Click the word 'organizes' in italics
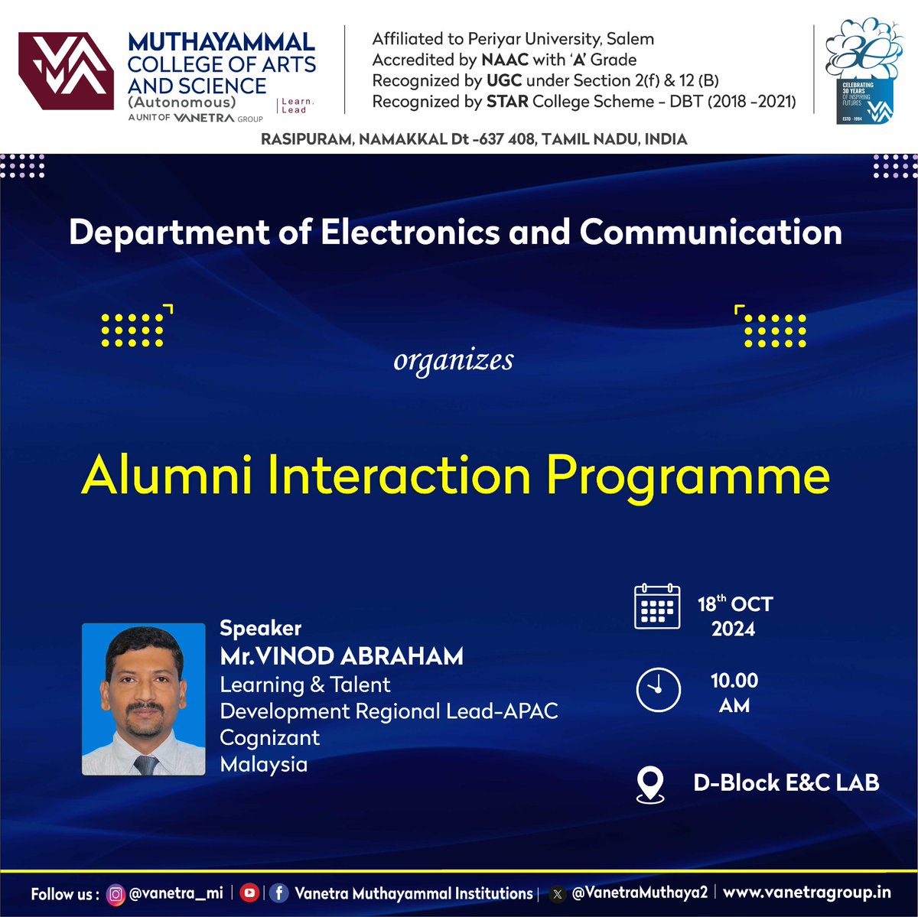[x=453, y=359]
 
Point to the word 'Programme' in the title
[x=688, y=476]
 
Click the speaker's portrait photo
[x=144, y=699]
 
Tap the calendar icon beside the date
[x=657, y=606]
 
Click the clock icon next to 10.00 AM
[x=658, y=690]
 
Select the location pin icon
[x=650, y=785]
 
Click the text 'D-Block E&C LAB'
[x=786, y=782]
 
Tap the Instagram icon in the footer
[x=116, y=893]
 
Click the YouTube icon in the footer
[x=249, y=893]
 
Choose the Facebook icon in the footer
[x=278, y=893]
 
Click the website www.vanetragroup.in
[x=807, y=893]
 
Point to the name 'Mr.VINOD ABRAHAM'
[x=341, y=656]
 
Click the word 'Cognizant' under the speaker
[x=269, y=737]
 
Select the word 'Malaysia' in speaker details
[x=263, y=764]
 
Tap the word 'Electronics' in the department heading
[x=410, y=233]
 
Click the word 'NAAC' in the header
[x=504, y=60]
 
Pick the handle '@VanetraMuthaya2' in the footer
[x=640, y=893]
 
